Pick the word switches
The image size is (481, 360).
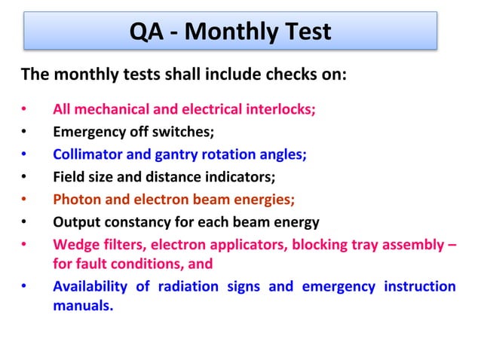pos(187,133)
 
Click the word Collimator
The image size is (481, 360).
pos(84,155)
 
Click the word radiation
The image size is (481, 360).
pos(189,287)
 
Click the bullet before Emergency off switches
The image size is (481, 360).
pos(24,133)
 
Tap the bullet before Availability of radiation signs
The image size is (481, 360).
pos(24,288)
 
